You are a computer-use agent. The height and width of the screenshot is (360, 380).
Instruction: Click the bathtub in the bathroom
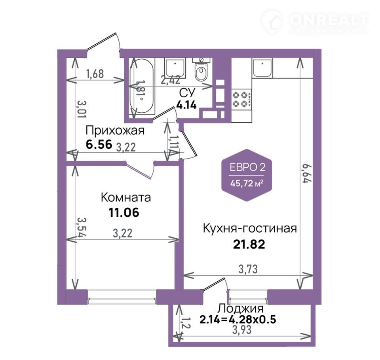[x=141, y=86]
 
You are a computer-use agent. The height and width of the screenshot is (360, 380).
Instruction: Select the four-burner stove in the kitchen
[x=241, y=99]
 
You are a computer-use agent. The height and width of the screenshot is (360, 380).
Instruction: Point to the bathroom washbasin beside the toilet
[x=175, y=68]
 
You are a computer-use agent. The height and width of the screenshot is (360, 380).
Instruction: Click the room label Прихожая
[x=115, y=131]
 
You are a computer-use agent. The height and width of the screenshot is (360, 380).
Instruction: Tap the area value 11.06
[x=124, y=213]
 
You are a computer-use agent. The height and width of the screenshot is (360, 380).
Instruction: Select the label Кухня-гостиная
[x=250, y=228]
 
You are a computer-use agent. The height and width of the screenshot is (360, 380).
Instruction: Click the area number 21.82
[x=249, y=244]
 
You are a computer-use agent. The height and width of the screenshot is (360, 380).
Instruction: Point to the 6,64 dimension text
[x=306, y=173]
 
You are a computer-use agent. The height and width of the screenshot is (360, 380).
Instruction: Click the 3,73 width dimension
[x=248, y=269]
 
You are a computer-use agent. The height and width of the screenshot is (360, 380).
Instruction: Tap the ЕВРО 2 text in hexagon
[x=247, y=167]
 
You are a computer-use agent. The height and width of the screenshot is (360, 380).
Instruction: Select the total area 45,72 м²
[x=247, y=184]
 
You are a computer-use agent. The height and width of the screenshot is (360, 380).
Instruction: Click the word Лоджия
[x=240, y=309]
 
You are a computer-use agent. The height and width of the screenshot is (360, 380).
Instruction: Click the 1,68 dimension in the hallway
[x=95, y=74]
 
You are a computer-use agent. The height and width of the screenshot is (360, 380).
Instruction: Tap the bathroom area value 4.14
[x=186, y=105]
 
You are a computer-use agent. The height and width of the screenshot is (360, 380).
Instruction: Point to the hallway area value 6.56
[x=99, y=145]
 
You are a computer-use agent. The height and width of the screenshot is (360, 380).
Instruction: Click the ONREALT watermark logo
[x=315, y=22]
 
